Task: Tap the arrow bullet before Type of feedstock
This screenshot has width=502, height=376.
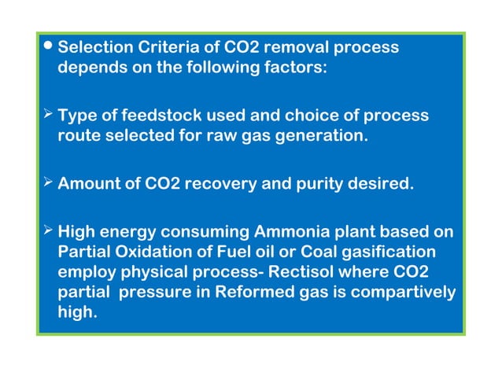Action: click(48, 115)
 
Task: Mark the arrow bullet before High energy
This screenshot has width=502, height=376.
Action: click(48, 232)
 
